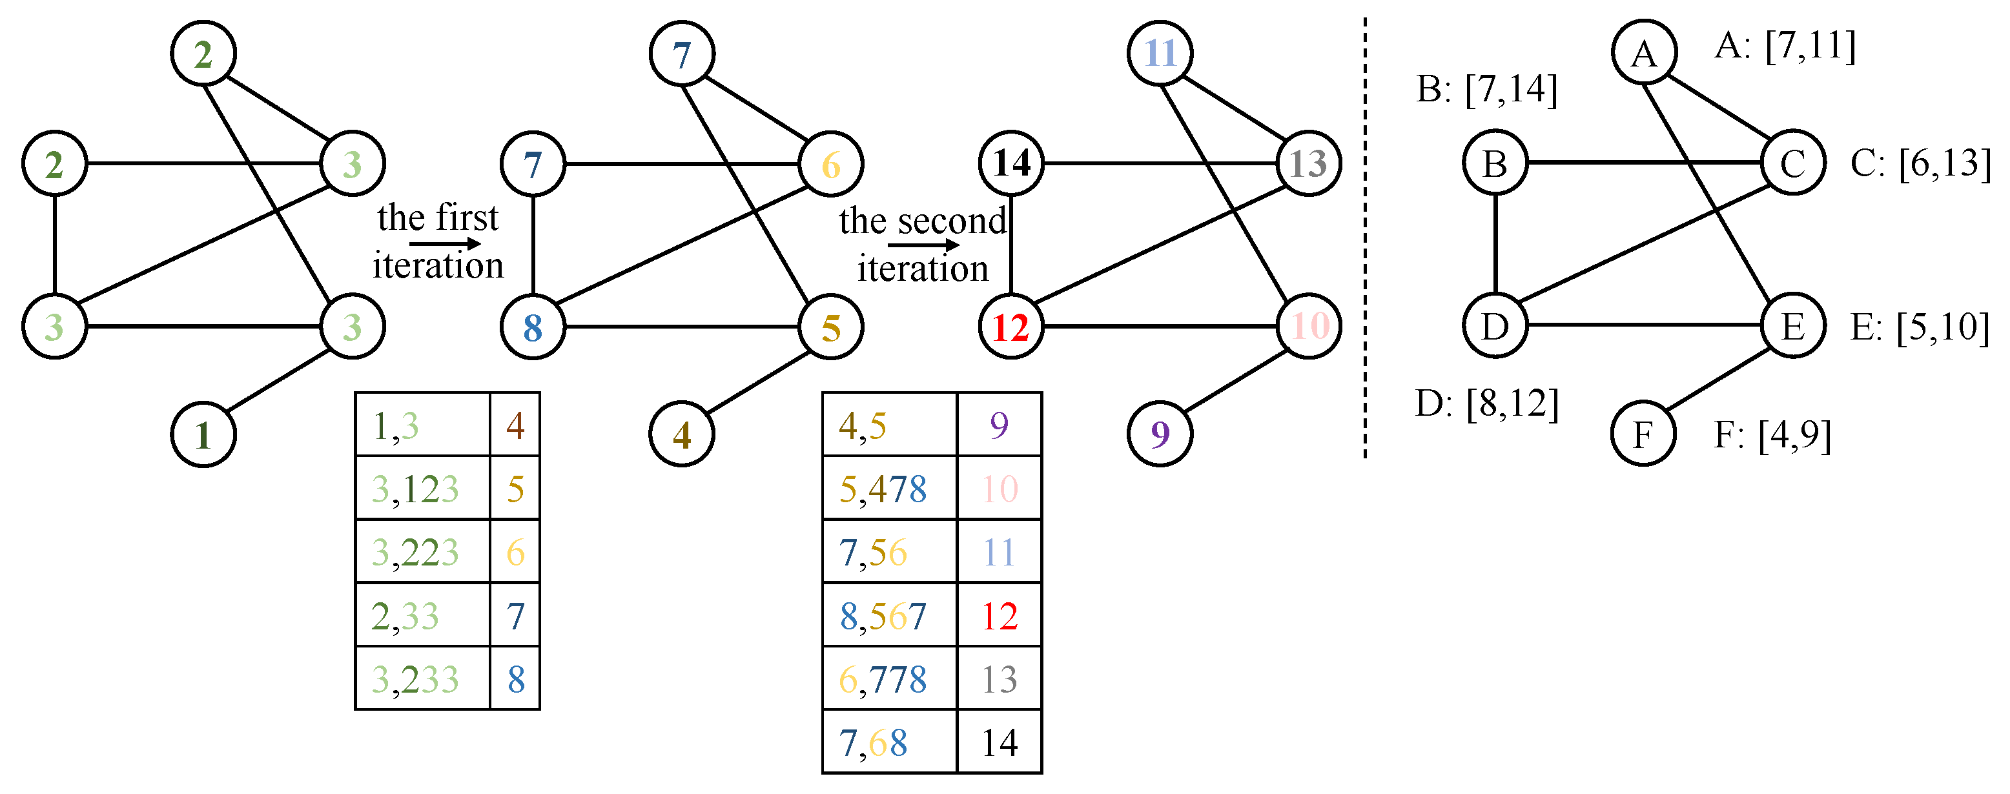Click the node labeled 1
(x=203, y=434)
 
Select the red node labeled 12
(x=1011, y=327)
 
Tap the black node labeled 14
(x=1011, y=163)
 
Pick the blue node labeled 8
(x=533, y=327)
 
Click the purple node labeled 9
(x=1160, y=434)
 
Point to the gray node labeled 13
(x=1309, y=163)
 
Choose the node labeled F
(x=1643, y=434)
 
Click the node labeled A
(x=1644, y=53)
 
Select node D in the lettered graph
(x=1495, y=326)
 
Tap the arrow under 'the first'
(x=446, y=244)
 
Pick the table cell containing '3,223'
(x=422, y=551)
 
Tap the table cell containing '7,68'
(x=890, y=742)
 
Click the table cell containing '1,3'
(x=422, y=425)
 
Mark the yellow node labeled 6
(x=831, y=164)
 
